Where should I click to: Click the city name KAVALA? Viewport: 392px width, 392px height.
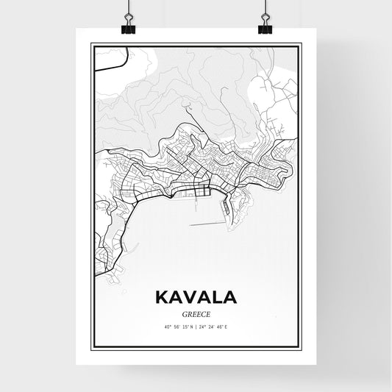pyautogui.click(x=196, y=298)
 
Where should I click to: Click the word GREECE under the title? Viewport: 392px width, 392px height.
pyautogui.click(x=196, y=312)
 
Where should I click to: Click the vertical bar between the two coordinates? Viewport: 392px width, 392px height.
pyautogui.click(x=196, y=326)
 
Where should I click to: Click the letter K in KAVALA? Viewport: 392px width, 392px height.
pyautogui.click(x=162, y=298)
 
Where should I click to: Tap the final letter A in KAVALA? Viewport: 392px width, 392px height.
pyautogui.click(x=229, y=298)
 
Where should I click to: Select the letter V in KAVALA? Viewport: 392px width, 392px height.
pyautogui.click(x=189, y=298)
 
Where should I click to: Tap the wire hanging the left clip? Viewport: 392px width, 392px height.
pyautogui.click(x=127, y=9)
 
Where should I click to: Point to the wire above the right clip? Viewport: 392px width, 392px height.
pyautogui.click(x=264, y=9)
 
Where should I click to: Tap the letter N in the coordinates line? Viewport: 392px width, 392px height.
pyautogui.click(x=191, y=326)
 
